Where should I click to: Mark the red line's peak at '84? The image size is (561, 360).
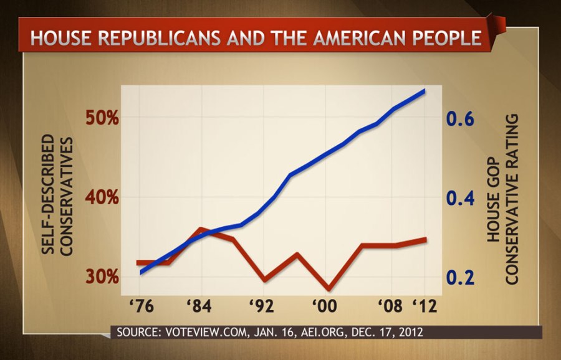pos(200,229)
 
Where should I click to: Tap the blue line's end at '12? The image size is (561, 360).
pos(424,91)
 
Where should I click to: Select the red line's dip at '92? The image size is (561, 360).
pos(264,280)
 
